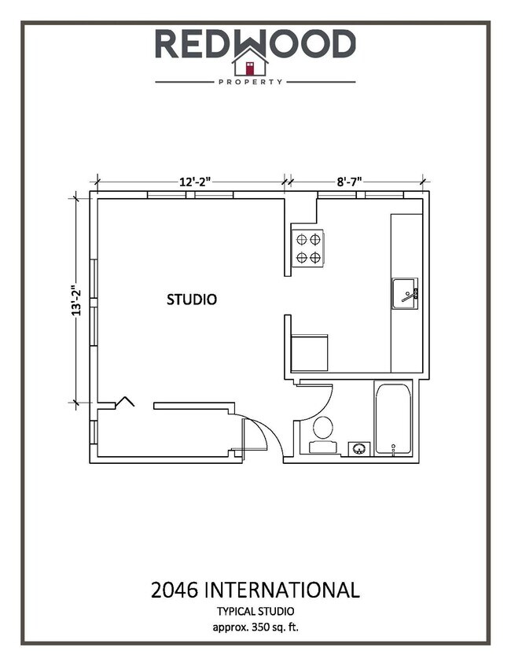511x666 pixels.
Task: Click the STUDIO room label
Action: (x=192, y=300)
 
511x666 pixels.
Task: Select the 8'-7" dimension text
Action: (x=349, y=182)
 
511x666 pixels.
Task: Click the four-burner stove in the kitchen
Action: (x=307, y=248)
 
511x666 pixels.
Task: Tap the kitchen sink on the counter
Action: (x=405, y=294)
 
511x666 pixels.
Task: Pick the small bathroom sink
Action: (x=359, y=449)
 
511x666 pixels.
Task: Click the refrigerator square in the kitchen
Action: (x=309, y=353)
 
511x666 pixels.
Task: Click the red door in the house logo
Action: (x=250, y=67)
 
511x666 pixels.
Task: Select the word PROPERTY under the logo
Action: (x=250, y=82)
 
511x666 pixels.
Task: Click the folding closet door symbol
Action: (x=123, y=402)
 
